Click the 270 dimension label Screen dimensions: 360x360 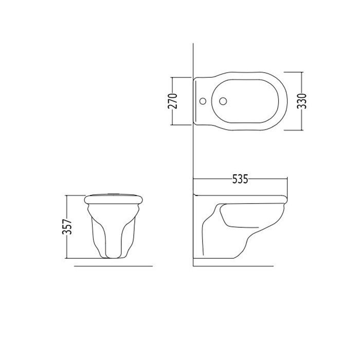(x=173, y=101)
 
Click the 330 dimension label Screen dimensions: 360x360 (x=302, y=101)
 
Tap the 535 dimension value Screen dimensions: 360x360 (x=240, y=179)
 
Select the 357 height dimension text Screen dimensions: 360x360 (x=67, y=227)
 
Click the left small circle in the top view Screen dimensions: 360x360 (x=203, y=101)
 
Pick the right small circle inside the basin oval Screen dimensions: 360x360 (x=223, y=101)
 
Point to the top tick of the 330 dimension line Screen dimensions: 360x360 (x=294, y=72)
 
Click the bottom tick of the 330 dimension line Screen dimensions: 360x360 (x=294, y=130)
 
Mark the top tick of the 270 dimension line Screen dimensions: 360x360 (x=181, y=78)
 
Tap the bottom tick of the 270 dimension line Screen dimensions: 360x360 (x=181, y=125)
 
